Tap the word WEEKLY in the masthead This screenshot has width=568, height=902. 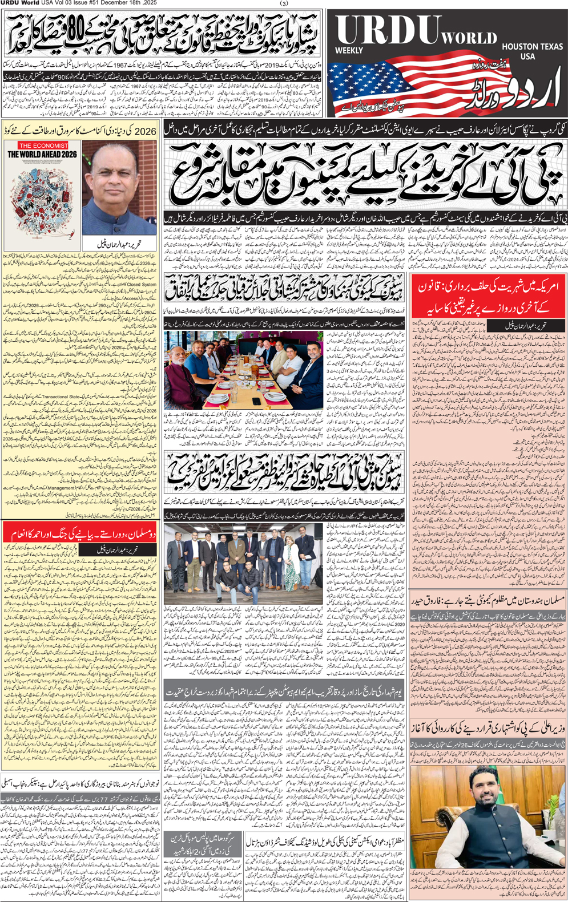coord(349,51)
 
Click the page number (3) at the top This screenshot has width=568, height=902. coord(284,3)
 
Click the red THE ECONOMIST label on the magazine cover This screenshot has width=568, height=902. coord(43,145)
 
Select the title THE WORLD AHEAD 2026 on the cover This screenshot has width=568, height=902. coord(43,154)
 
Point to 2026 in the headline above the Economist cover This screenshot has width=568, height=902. coord(146,131)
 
